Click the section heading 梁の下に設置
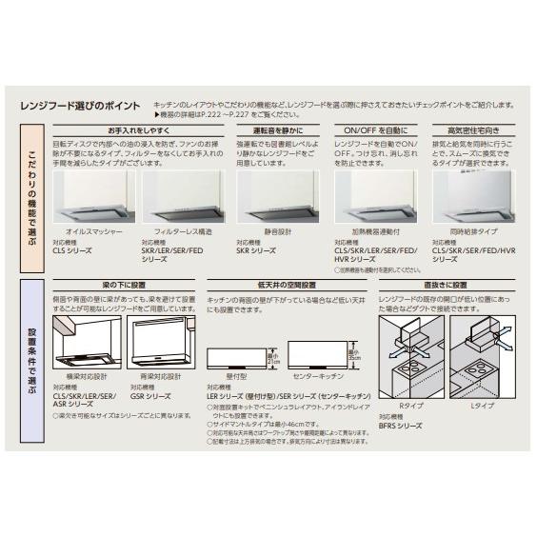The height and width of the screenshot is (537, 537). [x=125, y=285]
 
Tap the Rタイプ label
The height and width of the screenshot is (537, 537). [x=411, y=407]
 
